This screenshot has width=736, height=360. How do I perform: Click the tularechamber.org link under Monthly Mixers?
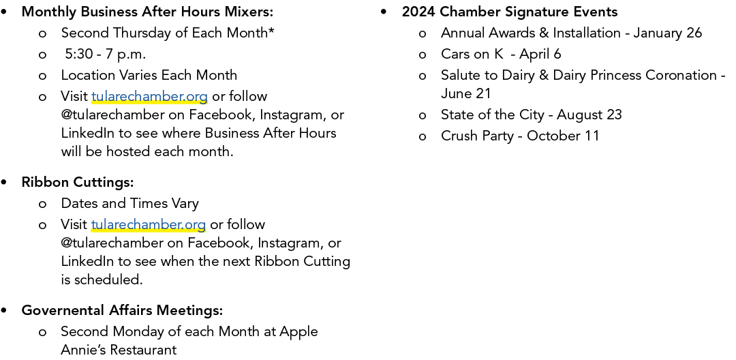pyautogui.click(x=149, y=96)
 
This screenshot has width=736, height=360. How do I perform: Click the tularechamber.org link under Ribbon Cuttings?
pyautogui.click(x=149, y=224)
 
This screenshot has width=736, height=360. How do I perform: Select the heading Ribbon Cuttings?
pyautogui.click(x=78, y=182)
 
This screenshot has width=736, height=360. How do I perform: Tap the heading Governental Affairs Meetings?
pyautogui.click(x=122, y=310)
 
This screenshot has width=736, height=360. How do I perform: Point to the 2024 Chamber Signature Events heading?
pyautogui.click(x=510, y=12)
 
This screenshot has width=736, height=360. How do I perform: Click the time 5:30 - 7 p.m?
pyautogui.click(x=106, y=55)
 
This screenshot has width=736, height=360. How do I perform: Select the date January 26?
pyautogui.click(x=667, y=33)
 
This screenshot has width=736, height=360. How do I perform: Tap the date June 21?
pyautogui.click(x=465, y=93)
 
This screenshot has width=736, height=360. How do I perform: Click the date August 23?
pyautogui.click(x=589, y=115)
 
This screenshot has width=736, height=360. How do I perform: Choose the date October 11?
pyautogui.click(x=564, y=136)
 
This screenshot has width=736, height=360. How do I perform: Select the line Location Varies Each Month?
pyautogui.click(x=149, y=75)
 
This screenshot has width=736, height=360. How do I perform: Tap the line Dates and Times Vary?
pyautogui.click(x=129, y=203)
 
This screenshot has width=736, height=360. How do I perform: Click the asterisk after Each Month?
pyautogui.click(x=271, y=31)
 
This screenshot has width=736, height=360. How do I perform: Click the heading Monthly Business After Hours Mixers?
pyautogui.click(x=147, y=12)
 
